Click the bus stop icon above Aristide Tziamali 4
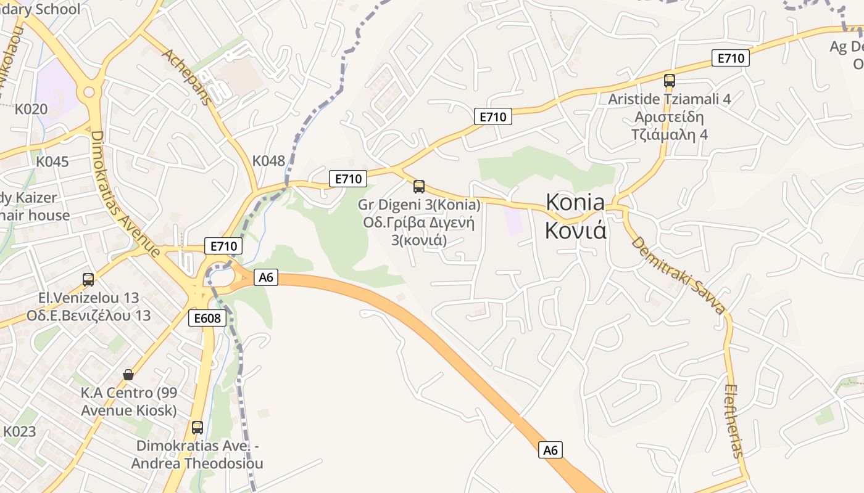[670, 80]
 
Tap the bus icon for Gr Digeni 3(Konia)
[419, 186]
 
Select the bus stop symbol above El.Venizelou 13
[88, 279]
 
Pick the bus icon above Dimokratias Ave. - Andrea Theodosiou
[197, 427]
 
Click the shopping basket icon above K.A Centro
[128, 374]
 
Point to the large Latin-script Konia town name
[575, 202]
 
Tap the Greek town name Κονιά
[575, 230]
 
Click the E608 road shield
[207, 318]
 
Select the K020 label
[31, 109]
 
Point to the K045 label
[52, 161]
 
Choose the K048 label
[268, 161]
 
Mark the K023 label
[20, 431]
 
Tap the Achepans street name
[187, 76]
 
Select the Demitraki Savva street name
[678, 274]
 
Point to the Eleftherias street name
[734, 421]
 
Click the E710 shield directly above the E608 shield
[223, 246]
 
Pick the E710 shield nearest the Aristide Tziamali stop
[731, 58]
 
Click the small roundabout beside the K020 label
[89, 92]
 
